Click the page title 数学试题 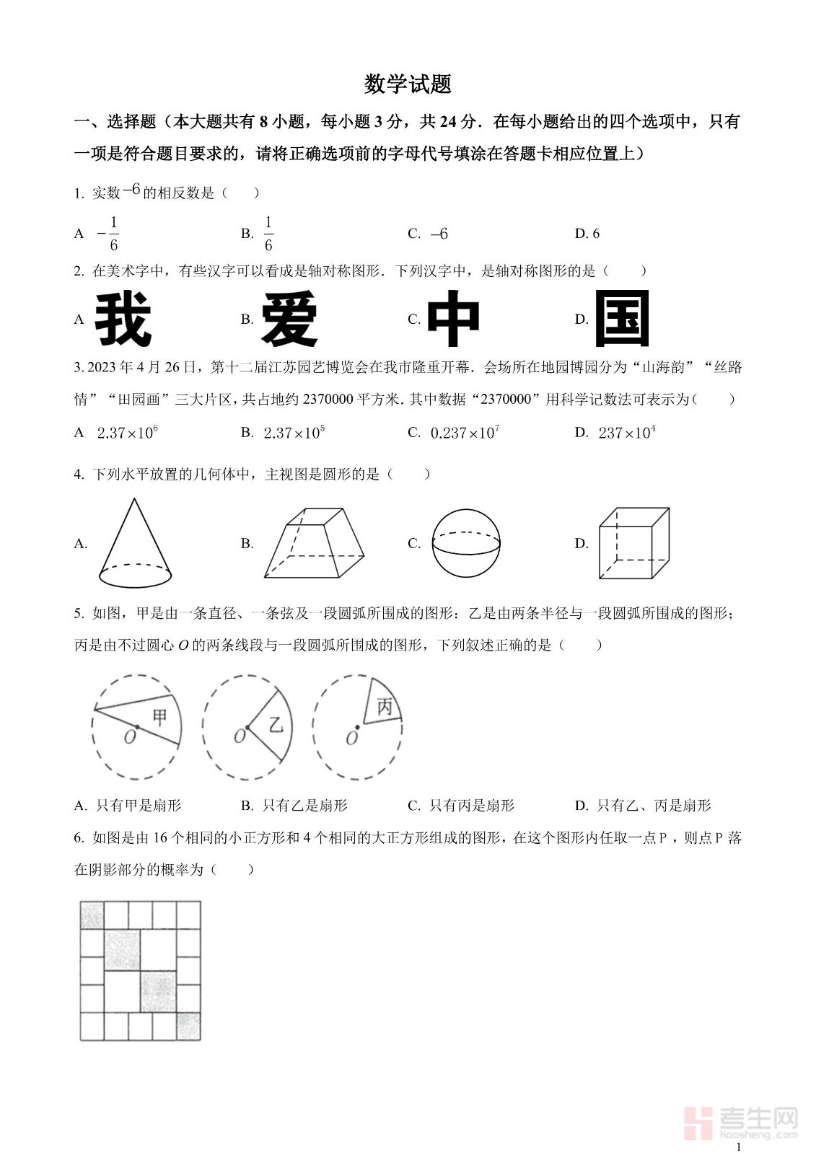coord(408,84)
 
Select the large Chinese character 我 coord(123,319)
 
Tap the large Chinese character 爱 coord(289,319)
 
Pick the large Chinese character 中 coord(453,319)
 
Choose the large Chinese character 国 coord(622,319)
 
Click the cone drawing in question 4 coord(135,545)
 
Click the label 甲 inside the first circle coord(160,716)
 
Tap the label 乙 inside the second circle coord(276,724)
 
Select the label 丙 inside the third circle coord(384,707)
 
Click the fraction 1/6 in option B coord(268,234)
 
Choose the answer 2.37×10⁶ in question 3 coord(128,433)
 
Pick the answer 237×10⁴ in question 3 coord(627,433)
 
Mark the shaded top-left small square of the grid coord(92,915)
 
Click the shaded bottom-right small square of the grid coord(188,1026)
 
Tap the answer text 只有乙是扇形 coord(304,806)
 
